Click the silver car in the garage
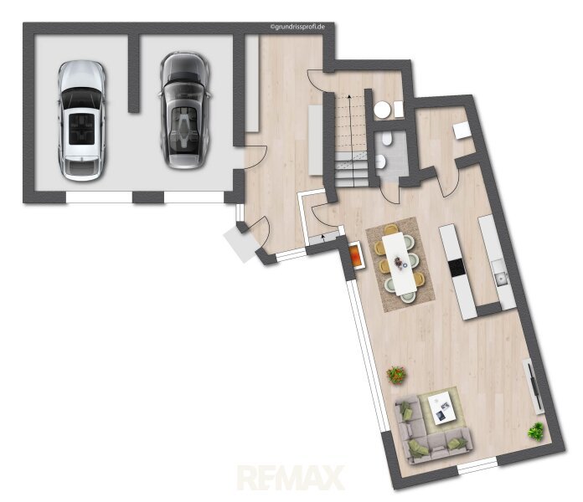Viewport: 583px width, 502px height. (x=81, y=120)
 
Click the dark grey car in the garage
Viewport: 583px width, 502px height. (x=185, y=110)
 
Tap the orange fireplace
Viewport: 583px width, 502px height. (x=355, y=254)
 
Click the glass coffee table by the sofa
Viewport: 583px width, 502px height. (x=442, y=408)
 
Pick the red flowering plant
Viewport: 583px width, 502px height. (x=395, y=375)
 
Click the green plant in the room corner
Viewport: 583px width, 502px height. (x=536, y=432)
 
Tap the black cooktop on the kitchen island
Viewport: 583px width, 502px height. (x=457, y=268)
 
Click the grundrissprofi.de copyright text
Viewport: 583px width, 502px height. (x=297, y=27)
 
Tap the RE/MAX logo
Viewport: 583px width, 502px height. (x=290, y=478)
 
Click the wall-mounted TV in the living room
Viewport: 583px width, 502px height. (x=534, y=387)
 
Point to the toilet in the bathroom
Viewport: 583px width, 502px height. (x=387, y=140)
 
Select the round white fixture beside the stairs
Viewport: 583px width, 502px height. (x=382, y=110)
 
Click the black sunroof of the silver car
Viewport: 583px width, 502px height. (x=82, y=129)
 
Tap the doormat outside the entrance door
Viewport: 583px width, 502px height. (x=242, y=243)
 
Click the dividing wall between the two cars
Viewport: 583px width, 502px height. (x=133, y=73)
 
